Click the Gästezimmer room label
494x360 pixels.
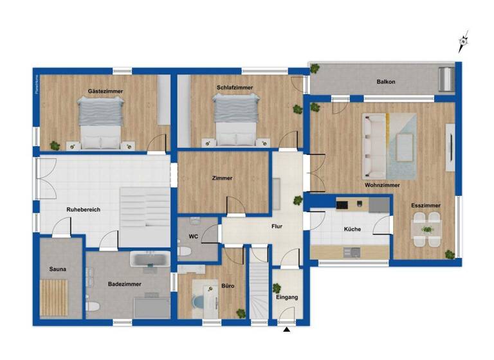coord(105,91)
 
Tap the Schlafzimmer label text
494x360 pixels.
coord(235,87)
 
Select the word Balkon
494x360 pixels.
coord(386,82)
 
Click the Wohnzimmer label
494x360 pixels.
coord(382,185)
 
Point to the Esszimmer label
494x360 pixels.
coord(426,206)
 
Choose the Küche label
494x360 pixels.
coord(352,229)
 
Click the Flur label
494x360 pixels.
coord(277,226)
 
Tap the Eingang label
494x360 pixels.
coord(287,298)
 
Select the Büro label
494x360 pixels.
coord(228,285)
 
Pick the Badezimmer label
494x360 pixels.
coord(125,283)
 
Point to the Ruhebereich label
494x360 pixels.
coord(83,210)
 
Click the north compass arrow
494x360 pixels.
coord(462,42)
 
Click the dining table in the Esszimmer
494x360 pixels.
coord(426,230)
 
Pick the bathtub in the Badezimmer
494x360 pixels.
coord(149,260)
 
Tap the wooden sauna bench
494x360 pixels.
coord(55,296)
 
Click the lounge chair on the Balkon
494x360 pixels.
coord(445,79)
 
